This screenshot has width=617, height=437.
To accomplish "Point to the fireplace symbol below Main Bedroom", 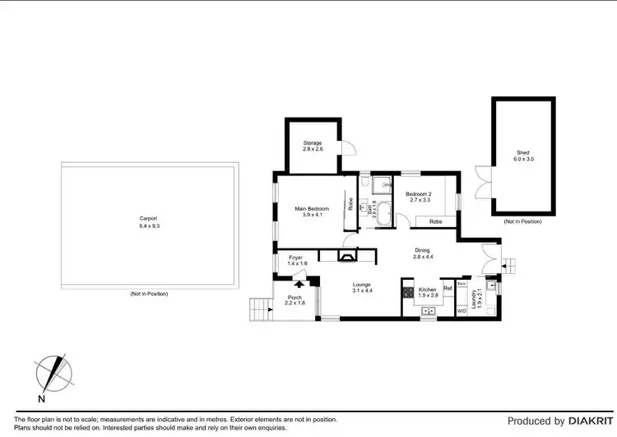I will (x=349, y=255).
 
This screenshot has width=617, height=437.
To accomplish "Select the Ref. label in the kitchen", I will (x=448, y=288).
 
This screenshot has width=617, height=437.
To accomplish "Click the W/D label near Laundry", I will (x=461, y=311).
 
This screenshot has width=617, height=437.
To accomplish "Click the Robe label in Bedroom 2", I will (x=435, y=221).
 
